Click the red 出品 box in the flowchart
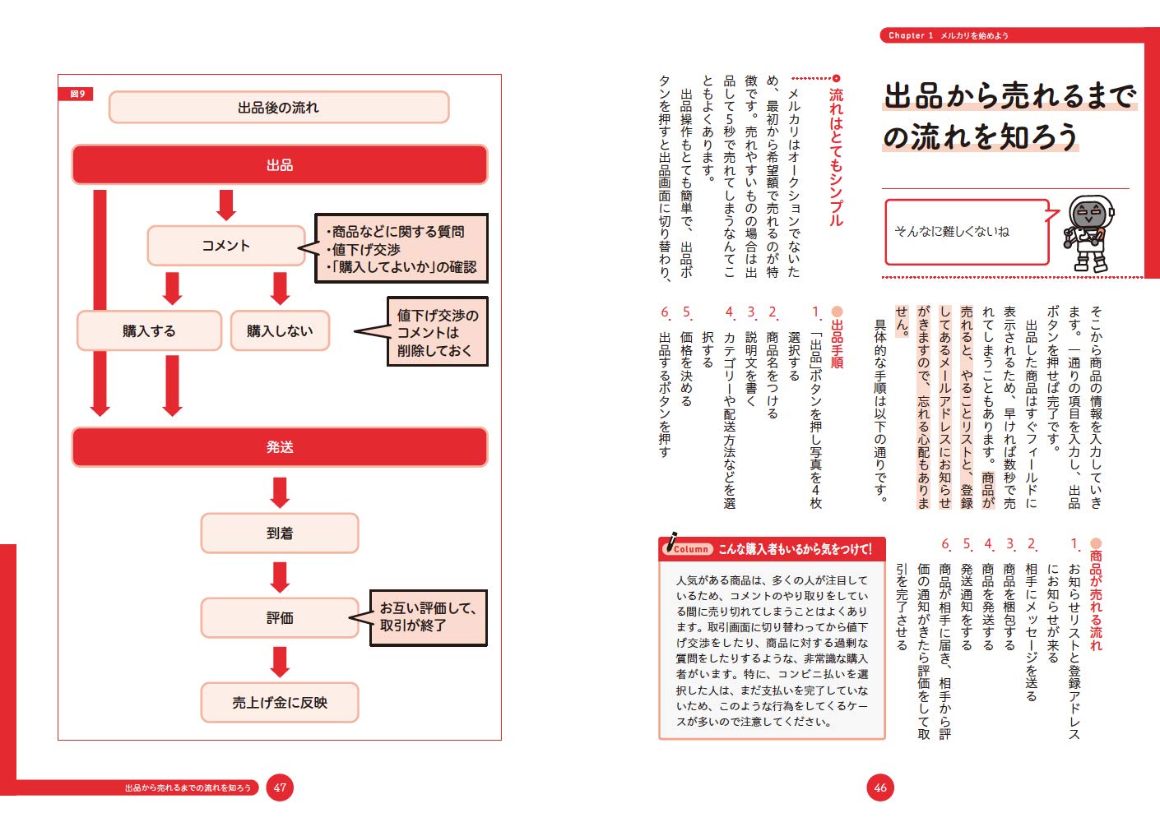coord(280,164)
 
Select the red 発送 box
coord(280,446)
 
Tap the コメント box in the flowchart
coord(226,246)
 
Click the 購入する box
coord(149,330)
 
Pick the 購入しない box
coord(280,330)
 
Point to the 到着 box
coord(280,533)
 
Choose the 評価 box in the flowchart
coord(280,618)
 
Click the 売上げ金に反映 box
coord(280,703)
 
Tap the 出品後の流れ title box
coord(278,108)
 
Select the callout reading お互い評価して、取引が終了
coord(428,617)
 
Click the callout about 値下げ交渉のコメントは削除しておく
coord(437,332)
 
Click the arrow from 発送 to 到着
coord(280,492)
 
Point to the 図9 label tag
coord(77,94)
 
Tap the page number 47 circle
coord(280,787)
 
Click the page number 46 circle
coord(880,787)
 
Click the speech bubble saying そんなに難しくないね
coord(966,232)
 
